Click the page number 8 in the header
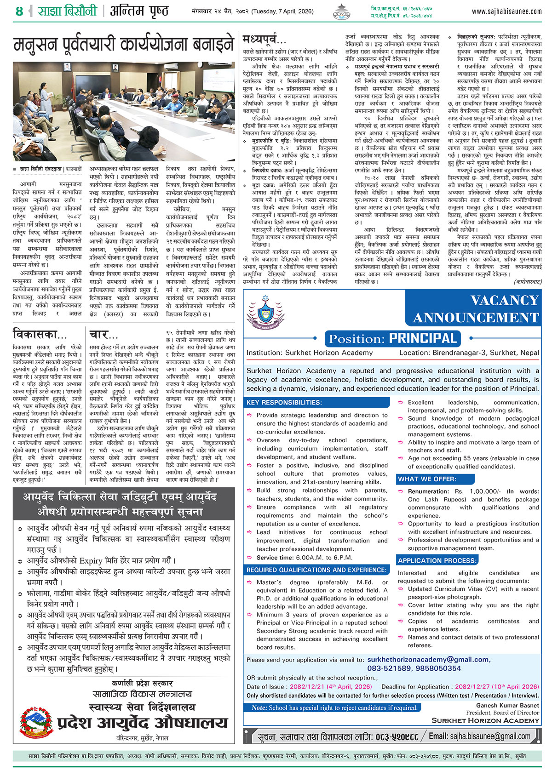pyautogui.click(x=19, y=11)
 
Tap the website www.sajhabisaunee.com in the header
pyautogui.click(x=506, y=11)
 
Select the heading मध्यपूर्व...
pyautogui.click(x=264, y=40)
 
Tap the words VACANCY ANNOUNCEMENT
pyautogui.click(x=476, y=309)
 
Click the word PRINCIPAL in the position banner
pyautogui.click(x=423, y=339)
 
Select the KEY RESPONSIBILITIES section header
pyautogui.click(x=283, y=403)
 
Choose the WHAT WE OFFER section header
pyautogui.click(x=427, y=479)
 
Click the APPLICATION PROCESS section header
pyautogui.click(x=437, y=560)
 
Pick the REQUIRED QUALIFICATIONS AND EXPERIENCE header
pyautogui.click(x=316, y=570)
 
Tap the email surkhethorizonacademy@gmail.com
pyautogui.click(x=429, y=659)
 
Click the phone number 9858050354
pyautogui.click(x=437, y=668)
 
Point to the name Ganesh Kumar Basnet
pyautogui.click(x=507, y=705)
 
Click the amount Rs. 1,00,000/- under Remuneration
pyautogui.click(x=478, y=491)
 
